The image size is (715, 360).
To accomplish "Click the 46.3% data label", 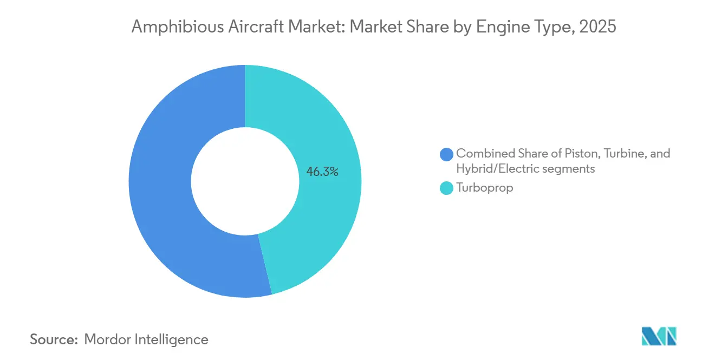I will pos(322,172).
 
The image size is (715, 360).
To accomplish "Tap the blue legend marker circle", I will pos(446,154).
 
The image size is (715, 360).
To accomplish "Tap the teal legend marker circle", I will pos(446,189).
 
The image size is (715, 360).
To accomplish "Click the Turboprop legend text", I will pos(484,189).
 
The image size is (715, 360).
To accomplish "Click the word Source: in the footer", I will pos(54,339).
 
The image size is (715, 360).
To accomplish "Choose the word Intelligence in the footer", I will pos(173,339).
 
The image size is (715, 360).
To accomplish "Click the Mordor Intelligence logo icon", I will pos(659,336).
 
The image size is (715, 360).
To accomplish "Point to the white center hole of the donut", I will pos(245,181).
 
